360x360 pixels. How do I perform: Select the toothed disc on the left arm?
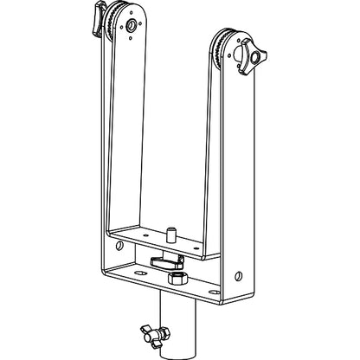click(110, 26)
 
